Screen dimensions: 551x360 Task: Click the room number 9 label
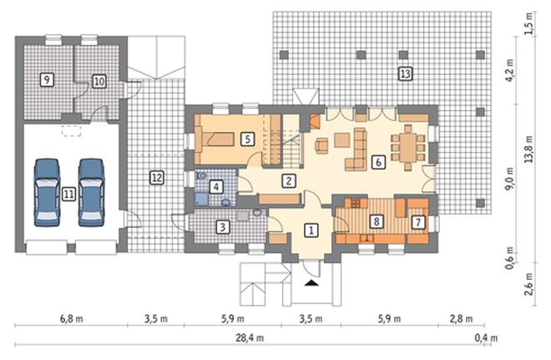[47, 79]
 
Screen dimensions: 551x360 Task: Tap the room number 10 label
[99, 82]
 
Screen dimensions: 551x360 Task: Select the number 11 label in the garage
[68, 194]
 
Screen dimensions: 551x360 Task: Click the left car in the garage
[47, 192]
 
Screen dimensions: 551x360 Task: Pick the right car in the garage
[91, 192]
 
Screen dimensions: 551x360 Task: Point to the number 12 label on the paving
[157, 178]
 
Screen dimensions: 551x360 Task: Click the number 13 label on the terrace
[405, 74]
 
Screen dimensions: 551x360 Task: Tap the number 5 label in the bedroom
[248, 139]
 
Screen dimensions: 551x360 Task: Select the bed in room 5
[215, 139]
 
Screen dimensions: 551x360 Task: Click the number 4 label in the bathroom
[216, 186]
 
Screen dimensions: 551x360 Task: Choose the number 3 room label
[223, 227]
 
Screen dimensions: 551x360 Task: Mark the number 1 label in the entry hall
[311, 231]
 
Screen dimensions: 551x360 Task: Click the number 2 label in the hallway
[289, 180]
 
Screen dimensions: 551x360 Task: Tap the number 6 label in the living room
[378, 162]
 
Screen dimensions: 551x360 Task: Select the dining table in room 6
[407, 148]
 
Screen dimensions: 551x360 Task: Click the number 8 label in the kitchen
[377, 221]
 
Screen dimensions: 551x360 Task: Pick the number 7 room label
[418, 222]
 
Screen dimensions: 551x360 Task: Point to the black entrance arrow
[311, 282]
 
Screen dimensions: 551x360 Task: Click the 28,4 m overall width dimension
[250, 338]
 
